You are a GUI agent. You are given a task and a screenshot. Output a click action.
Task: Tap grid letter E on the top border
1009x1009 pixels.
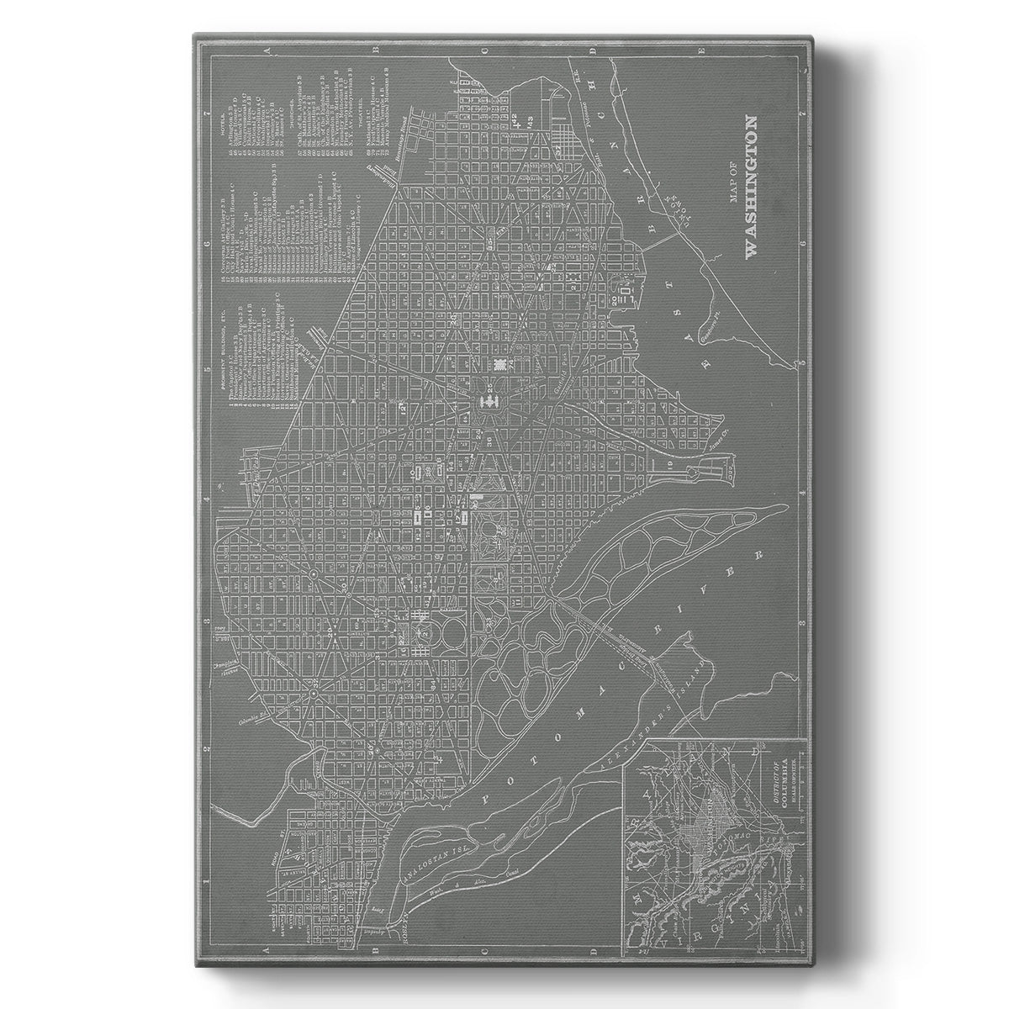pyautogui.click(x=701, y=52)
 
